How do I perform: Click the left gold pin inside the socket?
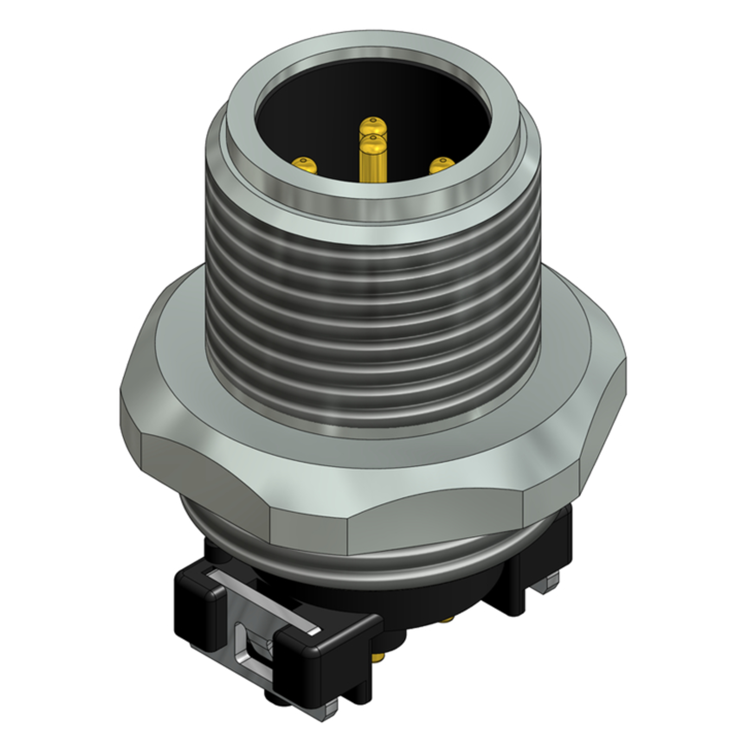[x=305, y=165]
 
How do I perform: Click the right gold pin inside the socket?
[x=442, y=165]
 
